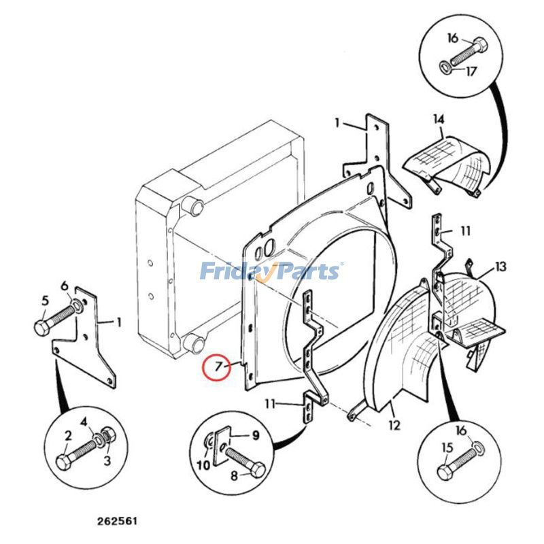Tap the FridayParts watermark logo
[271, 272]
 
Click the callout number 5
[46, 300]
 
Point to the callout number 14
[439, 120]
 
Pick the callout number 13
[500, 267]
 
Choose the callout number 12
[394, 426]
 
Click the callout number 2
[69, 435]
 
